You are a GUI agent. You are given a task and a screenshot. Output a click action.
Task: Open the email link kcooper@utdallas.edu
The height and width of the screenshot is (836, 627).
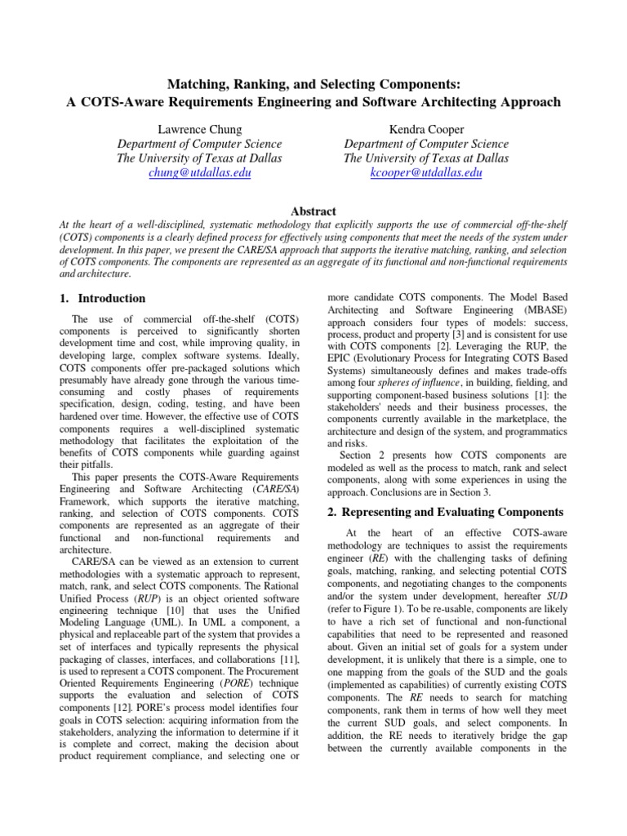[x=425, y=173]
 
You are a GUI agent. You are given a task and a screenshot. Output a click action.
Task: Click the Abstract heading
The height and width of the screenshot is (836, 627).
[x=313, y=210]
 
